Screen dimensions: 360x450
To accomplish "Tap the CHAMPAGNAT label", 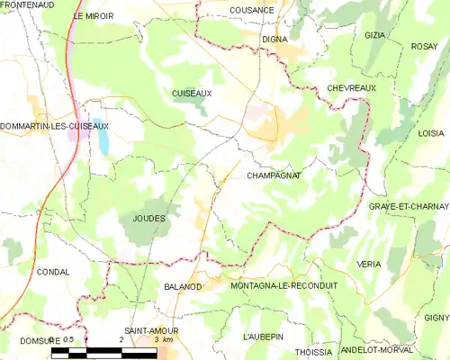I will point(273,176).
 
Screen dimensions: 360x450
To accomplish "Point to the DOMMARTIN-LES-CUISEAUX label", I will point(55,126).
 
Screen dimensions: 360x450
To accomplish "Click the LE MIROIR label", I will point(94,16).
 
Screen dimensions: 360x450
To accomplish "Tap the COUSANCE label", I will point(252,8).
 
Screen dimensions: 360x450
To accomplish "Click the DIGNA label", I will point(274,39).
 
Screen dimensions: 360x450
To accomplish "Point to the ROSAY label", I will point(424,46).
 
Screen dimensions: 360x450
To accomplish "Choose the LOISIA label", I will point(431,132).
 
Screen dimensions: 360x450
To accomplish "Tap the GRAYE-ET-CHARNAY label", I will point(409,206).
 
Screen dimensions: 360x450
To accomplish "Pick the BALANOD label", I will point(183,286).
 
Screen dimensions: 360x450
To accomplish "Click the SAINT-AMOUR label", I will point(151,331).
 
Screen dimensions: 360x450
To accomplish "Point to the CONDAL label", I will point(53,271).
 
